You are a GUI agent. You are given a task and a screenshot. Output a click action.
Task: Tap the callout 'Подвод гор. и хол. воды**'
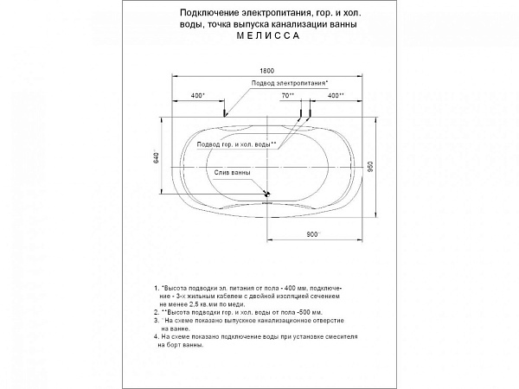(236, 144)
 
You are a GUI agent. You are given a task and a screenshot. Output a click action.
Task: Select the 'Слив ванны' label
(234, 172)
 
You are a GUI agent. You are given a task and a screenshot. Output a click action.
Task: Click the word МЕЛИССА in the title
(264, 38)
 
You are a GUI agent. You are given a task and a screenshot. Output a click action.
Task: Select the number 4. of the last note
(153, 334)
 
